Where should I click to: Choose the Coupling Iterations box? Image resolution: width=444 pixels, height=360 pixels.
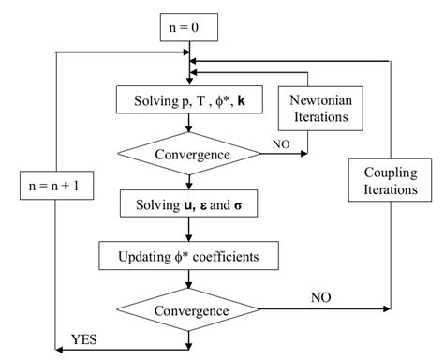(x=387, y=180)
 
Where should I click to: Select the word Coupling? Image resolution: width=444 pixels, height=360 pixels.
(x=387, y=172)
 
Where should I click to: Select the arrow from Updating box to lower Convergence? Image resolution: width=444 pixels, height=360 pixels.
(x=187, y=278)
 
